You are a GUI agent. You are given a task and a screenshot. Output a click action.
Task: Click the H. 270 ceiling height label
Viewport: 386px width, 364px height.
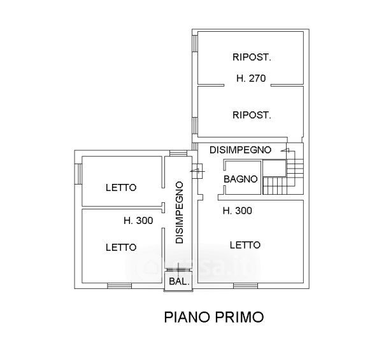pyautogui.click(x=250, y=80)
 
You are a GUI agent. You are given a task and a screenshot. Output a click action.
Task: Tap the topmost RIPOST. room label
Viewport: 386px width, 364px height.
pyautogui.click(x=252, y=57)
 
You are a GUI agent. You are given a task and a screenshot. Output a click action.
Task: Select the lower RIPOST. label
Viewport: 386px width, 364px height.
pyautogui.click(x=252, y=115)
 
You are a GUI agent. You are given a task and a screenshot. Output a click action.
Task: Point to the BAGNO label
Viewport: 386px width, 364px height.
pyautogui.click(x=241, y=179)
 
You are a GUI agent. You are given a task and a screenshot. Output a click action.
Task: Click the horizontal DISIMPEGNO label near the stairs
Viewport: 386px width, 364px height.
pyautogui.click(x=241, y=150)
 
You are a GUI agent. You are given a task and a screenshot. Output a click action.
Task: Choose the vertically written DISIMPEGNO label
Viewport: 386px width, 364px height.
pyautogui.click(x=180, y=213)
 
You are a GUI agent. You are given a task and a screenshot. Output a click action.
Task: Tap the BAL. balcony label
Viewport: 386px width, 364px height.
pyautogui.click(x=178, y=281)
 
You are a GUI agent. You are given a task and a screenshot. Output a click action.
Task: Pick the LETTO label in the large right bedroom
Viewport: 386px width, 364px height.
pyautogui.click(x=246, y=244)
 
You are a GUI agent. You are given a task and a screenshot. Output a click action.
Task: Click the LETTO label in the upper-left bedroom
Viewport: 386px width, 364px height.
pyautogui.click(x=120, y=188)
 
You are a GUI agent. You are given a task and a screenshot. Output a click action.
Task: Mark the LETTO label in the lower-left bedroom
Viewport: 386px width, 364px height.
pyautogui.click(x=120, y=247)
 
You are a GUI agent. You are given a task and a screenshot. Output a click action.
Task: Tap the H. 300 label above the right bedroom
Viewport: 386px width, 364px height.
pyautogui.click(x=237, y=211)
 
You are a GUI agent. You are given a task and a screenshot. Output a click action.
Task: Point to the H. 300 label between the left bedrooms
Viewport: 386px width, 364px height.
pyautogui.click(x=138, y=221)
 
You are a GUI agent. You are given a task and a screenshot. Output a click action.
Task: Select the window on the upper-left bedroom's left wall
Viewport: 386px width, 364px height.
pyautogui.click(x=78, y=174)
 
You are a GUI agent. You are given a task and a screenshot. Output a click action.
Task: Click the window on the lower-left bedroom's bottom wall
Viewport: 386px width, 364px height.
pyautogui.click(x=120, y=285)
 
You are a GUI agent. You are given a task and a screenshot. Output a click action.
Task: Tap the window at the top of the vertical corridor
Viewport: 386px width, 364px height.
pyautogui.click(x=176, y=152)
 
